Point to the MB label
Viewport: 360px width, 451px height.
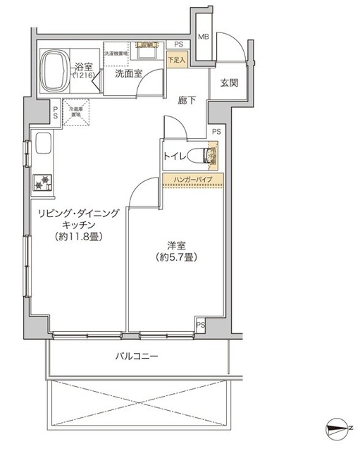202,37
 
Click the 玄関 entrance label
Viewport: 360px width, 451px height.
229,84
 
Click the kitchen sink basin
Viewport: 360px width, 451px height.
42,146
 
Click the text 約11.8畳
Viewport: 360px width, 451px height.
78,237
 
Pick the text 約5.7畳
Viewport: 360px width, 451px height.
175,257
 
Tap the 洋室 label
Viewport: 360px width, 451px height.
175,245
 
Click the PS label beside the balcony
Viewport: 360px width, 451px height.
201,324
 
